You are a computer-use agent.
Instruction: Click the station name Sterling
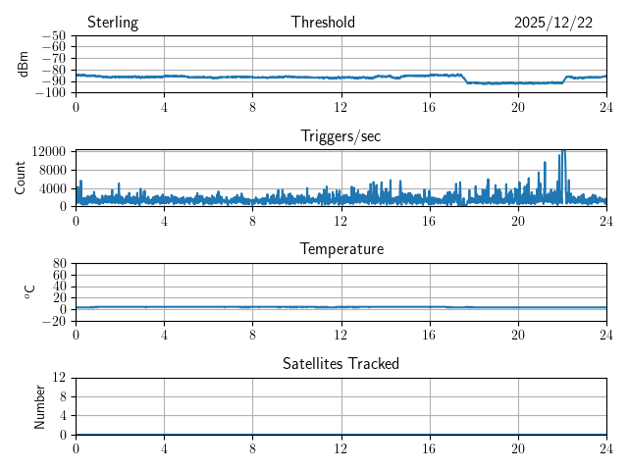[x=113, y=23]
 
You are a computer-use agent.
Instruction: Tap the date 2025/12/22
[x=553, y=23]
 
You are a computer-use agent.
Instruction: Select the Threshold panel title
[x=323, y=23]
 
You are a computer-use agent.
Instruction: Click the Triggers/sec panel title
[x=340, y=136]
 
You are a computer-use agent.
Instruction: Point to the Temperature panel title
[x=340, y=249]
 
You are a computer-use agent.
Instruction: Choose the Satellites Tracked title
[x=340, y=363]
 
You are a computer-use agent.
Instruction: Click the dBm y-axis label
[x=24, y=64]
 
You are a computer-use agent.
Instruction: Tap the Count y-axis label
[x=21, y=178]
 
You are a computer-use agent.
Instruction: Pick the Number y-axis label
[x=40, y=405]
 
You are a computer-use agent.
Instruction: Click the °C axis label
[x=29, y=291]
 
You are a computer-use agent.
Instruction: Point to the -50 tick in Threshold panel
[x=54, y=36]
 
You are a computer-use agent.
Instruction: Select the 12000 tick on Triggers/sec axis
[x=48, y=151]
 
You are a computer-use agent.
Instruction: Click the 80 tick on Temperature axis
[x=59, y=264]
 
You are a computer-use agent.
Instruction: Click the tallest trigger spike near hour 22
[x=562, y=152]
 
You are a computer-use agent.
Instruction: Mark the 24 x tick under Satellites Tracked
[x=606, y=447]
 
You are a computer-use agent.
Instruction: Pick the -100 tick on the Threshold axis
[x=51, y=93]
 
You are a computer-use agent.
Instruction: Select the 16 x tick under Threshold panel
[x=430, y=106]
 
